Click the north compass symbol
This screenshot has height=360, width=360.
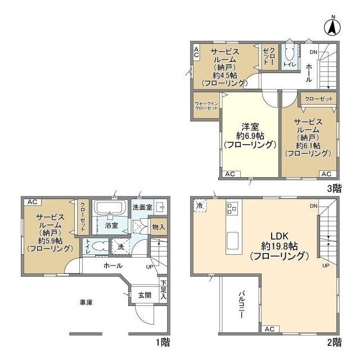coord(332,26)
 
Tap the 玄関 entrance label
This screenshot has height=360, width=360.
coord(145,295)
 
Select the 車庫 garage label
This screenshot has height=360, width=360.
coord(86,303)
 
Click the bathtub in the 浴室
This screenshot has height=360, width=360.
coord(111,207)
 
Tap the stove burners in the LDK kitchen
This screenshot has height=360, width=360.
coord(232,208)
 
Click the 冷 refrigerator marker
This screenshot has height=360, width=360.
coord(200,205)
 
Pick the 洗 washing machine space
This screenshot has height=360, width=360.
coord(120,246)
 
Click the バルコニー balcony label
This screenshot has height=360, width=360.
coord(241,304)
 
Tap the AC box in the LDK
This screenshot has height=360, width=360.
coord(270,329)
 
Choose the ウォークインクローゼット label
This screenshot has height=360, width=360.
coord(206,106)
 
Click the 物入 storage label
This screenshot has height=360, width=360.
coord(159,227)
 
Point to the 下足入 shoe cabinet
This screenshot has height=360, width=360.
coord(163,290)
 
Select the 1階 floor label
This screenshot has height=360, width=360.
coord(163,343)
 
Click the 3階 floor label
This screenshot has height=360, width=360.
coord(335,188)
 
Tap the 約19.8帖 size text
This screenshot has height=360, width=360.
coord(280,246)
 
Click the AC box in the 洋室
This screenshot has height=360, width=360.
coord(230,174)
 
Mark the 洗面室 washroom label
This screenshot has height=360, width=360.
coord(142,208)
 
